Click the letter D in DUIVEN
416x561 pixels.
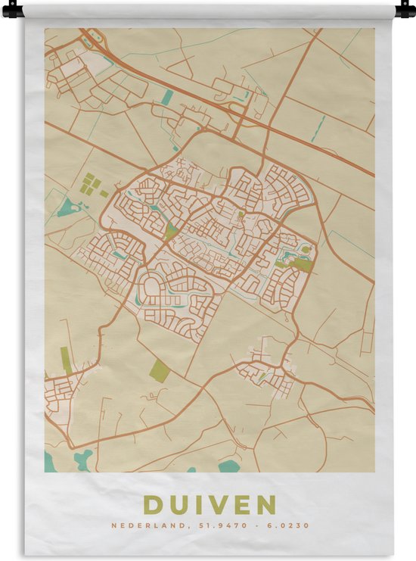point(154,505)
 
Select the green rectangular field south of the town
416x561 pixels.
point(159,370)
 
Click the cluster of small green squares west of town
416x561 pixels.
point(89,184)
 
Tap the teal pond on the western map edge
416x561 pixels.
point(67,207)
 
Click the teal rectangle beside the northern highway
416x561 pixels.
point(168,96)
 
